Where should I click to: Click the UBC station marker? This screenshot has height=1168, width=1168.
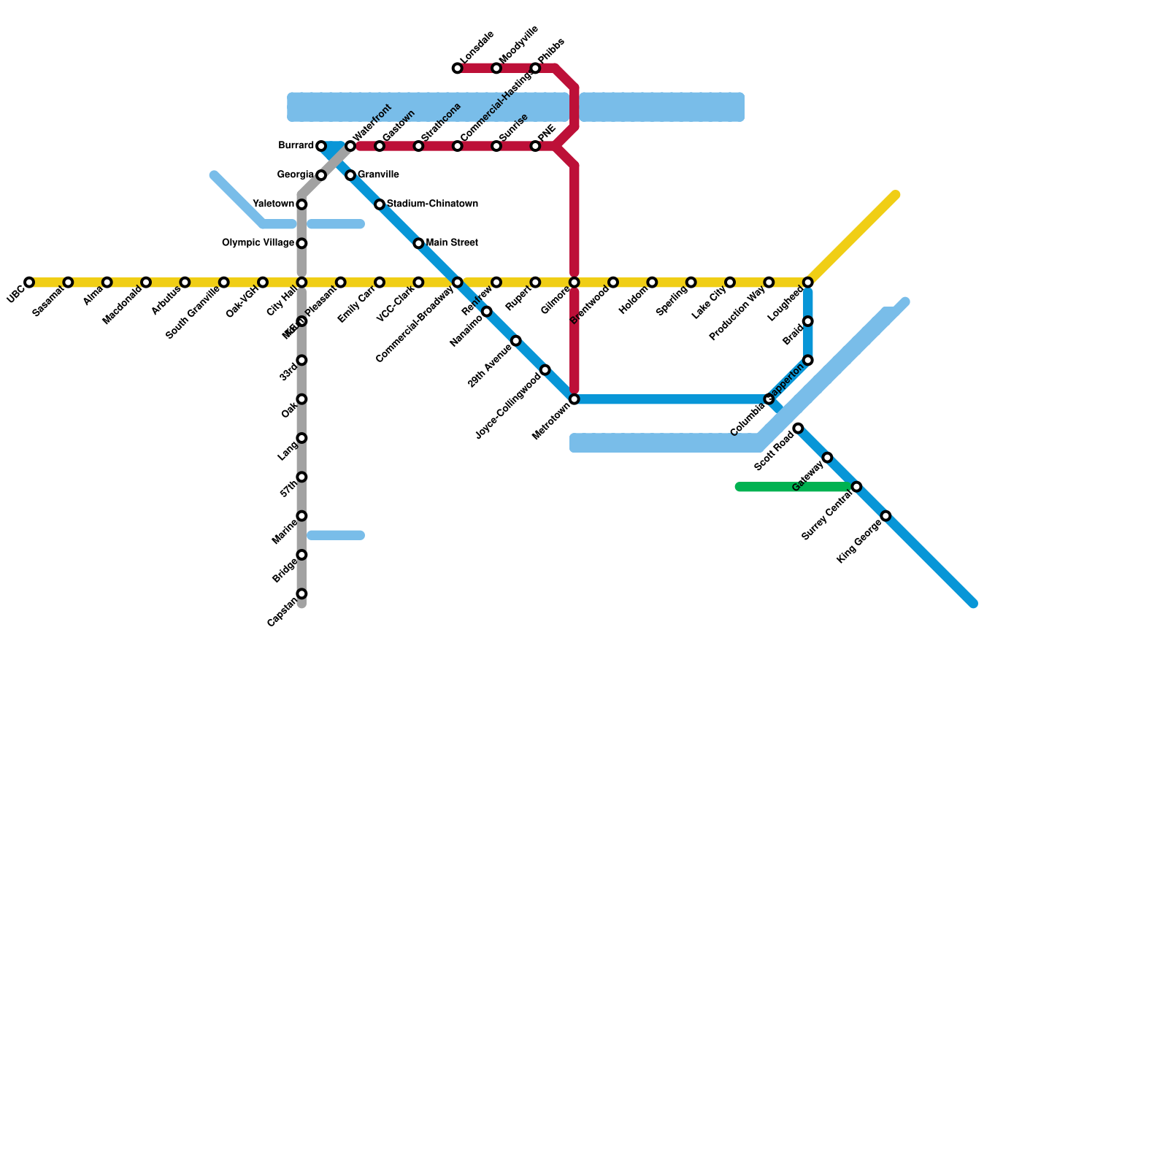point(29,283)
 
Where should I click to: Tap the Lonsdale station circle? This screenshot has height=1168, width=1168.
point(458,69)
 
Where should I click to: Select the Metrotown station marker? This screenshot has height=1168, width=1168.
point(575,399)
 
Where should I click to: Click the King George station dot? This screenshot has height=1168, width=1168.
point(885,516)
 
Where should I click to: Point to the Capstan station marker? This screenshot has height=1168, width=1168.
point(301,594)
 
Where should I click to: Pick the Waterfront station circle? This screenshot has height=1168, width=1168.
point(350,147)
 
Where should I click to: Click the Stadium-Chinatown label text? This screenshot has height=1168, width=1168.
point(432,204)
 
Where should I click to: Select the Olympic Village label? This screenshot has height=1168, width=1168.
point(258,243)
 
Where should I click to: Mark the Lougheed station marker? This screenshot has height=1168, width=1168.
point(808,283)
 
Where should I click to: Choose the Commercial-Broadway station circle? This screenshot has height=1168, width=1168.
point(458,283)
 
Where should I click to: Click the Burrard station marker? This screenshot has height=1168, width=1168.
point(321,147)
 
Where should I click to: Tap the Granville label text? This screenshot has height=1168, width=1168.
point(378,175)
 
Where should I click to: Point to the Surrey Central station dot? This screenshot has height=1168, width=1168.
point(856,487)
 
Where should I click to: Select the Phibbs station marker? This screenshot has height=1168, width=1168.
point(535,69)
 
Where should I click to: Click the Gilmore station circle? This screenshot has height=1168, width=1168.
point(575,283)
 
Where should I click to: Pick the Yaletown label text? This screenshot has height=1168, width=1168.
point(273,204)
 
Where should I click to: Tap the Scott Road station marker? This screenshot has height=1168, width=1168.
point(798,428)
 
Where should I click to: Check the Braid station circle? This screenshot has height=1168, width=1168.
point(808,321)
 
